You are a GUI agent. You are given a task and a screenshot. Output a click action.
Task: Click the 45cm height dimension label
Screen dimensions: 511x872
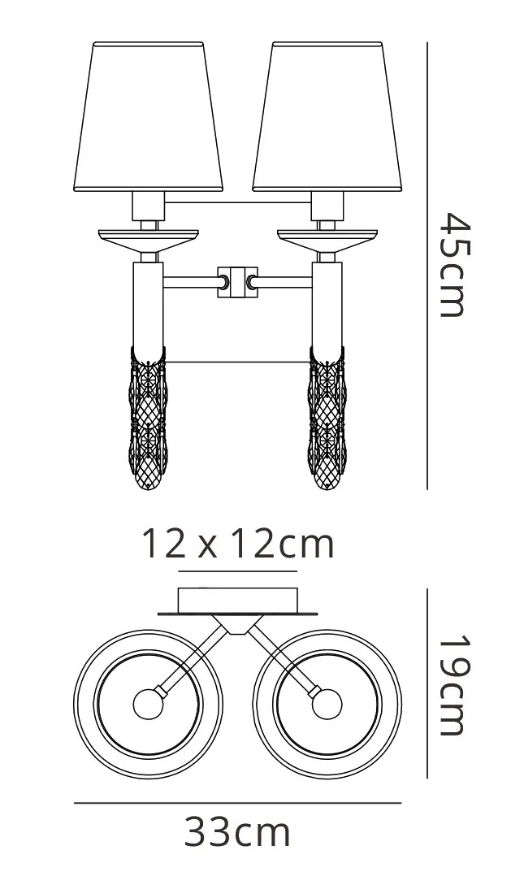[x=455, y=265]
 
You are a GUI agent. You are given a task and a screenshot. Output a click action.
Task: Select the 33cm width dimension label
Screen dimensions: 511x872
[x=237, y=832]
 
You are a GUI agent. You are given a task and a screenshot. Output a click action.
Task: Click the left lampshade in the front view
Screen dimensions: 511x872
[x=148, y=117]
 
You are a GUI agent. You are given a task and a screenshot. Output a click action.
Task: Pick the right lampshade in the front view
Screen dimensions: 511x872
[x=327, y=117]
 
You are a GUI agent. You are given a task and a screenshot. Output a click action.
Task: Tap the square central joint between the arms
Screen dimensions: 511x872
[x=238, y=282]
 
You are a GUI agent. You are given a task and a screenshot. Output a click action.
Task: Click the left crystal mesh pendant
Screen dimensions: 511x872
[x=149, y=419]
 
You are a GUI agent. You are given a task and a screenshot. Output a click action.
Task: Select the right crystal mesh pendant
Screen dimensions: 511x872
[x=327, y=419]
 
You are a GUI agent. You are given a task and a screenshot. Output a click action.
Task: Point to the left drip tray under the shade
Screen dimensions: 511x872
[x=148, y=238]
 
